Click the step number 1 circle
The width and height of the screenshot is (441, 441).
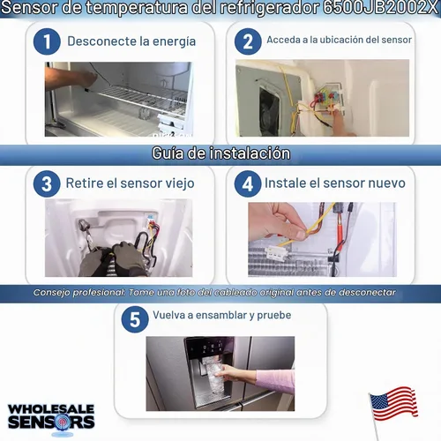coord(47,41)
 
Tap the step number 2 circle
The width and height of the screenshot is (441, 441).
coord(248,41)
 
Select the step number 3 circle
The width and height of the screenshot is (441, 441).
coord(47,184)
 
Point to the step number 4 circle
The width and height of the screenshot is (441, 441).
coord(248,184)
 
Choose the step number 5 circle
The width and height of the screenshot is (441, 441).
coord(135,319)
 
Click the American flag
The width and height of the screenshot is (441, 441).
coord(392,405)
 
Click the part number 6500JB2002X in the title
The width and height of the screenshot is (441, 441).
coord(380,8)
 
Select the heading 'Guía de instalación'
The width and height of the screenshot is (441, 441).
coord(220,153)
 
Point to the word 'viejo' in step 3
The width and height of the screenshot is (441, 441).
coord(180,183)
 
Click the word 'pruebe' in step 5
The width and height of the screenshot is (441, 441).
coord(274,316)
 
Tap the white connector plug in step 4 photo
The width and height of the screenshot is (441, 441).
coord(275,253)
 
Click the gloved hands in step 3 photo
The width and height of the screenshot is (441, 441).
coord(114,258)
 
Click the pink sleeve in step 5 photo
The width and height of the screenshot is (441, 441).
coord(276,381)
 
